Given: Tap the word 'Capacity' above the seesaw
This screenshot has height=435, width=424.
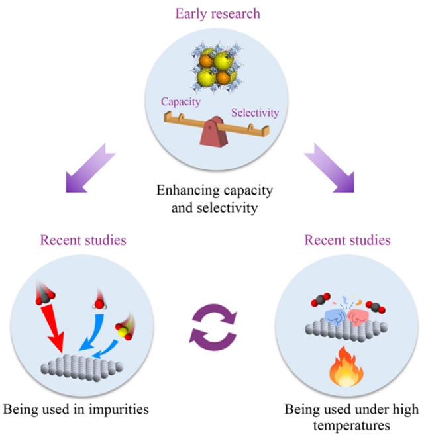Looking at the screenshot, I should tap(180, 102).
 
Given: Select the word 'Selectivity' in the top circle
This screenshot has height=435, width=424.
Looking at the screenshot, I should tap(255, 112).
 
